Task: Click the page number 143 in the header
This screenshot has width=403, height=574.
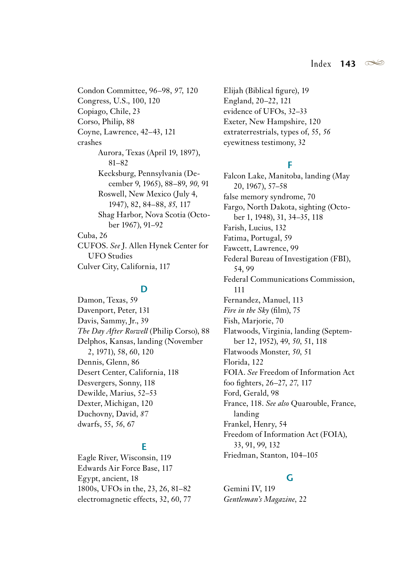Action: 348,64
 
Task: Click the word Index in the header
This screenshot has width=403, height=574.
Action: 321,64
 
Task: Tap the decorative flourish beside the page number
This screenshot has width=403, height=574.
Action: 374,63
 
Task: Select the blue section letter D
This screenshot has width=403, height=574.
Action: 144,289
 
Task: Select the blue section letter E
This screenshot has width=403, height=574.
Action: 144,447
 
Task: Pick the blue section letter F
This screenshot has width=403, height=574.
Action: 290,165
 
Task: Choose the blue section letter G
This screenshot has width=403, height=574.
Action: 290,478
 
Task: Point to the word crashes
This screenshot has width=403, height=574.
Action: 90,142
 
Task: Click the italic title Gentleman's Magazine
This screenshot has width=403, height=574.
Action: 259,499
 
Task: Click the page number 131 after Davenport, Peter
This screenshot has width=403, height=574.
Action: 144,310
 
